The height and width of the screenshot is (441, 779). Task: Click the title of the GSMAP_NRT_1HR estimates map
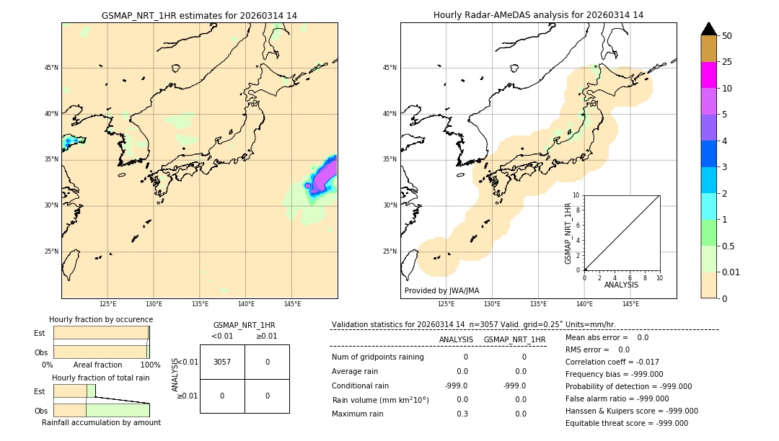click(199, 15)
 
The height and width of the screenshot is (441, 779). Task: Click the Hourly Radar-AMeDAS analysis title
click(538, 15)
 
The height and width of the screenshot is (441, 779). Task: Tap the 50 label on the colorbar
click(727, 36)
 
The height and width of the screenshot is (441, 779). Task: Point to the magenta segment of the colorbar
click(708, 75)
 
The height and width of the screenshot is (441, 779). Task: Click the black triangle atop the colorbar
click(708, 29)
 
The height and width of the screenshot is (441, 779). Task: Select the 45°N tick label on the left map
click(51, 68)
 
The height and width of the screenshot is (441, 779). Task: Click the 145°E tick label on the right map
click(630, 304)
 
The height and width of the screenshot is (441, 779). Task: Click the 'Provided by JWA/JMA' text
click(441, 291)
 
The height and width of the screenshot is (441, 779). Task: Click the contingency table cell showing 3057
click(222, 362)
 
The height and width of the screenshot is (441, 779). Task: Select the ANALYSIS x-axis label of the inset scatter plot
click(621, 285)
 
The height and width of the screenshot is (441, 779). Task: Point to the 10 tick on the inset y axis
click(576, 195)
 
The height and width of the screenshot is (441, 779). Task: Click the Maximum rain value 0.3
click(462, 414)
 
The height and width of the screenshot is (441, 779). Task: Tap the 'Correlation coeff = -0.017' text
click(612, 362)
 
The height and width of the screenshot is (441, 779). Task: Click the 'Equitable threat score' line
click(626, 424)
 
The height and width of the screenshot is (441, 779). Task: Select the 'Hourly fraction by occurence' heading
click(101, 320)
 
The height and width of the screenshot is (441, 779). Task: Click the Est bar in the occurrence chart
click(101, 333)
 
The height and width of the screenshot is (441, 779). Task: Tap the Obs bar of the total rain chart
click(101, 410)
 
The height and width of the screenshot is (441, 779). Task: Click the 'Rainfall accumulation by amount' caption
click(101, 423)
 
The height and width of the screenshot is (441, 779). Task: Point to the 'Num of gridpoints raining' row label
click(377, 357)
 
